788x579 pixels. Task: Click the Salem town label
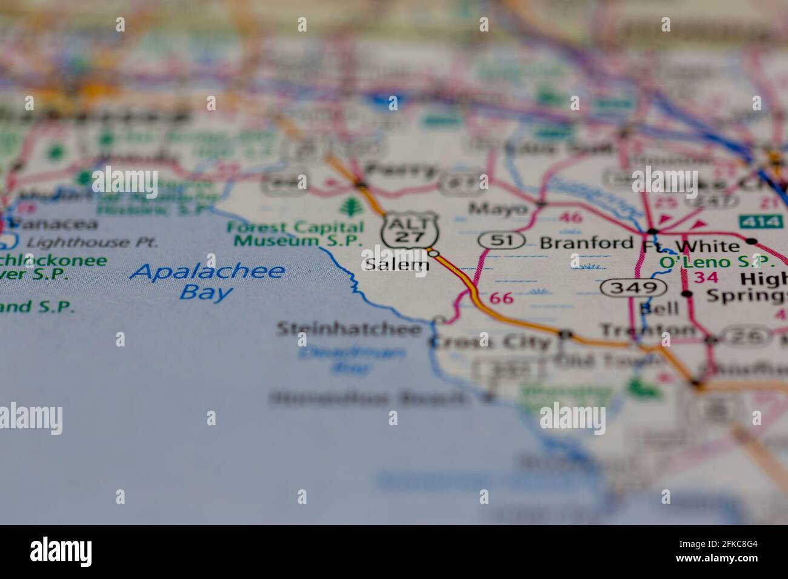397,265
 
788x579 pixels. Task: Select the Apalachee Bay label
207,280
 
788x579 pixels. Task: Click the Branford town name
586,243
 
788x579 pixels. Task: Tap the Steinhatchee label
349,329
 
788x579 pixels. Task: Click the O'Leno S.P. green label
716,262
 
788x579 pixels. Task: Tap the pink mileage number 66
501,298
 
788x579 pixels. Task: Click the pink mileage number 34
706,278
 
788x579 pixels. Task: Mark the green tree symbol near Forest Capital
350,207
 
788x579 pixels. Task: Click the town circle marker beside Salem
433,253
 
